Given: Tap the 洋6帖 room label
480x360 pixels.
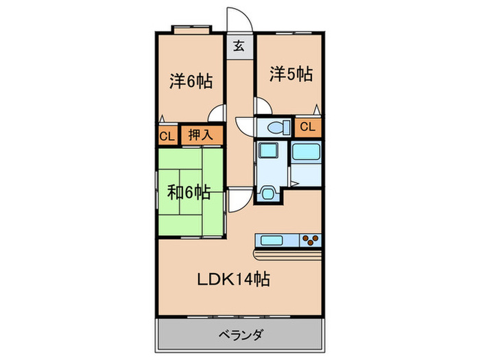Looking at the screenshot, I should coord(191,81).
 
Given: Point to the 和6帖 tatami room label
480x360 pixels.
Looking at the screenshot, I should coord(189,191).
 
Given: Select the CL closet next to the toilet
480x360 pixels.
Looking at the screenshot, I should coord(308,126).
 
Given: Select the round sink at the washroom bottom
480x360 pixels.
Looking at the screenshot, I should coord(268,193).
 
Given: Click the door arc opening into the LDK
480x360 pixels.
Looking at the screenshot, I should coord(237,200).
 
